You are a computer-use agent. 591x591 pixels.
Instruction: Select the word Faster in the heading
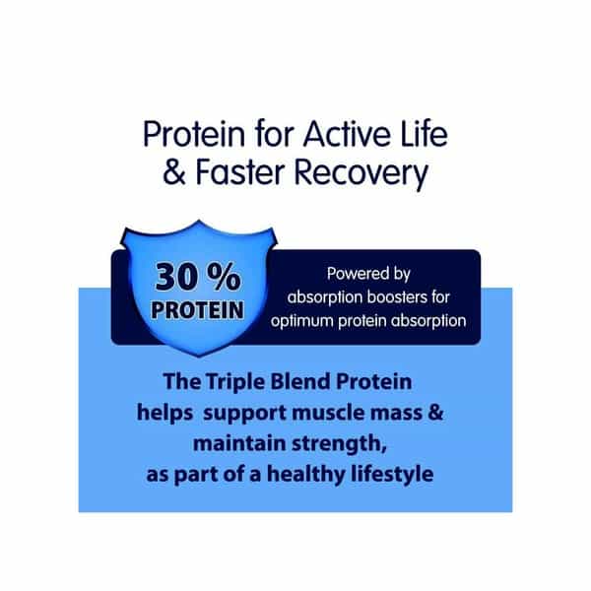click(x=239, y=172)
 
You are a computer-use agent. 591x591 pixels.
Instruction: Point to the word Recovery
click(x=361, y=175)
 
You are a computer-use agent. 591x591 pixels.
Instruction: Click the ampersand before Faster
click(x=173, y=172)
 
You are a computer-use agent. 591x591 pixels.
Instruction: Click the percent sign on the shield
click(x=224, y=277)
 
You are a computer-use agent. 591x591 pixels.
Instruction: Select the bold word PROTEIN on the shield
click(x=197, y=310)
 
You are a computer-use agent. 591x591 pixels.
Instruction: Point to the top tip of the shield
click(x=199, y=221)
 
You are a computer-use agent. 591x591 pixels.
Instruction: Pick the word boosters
click(x=397, y=297)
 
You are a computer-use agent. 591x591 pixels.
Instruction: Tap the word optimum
click(x=302, y=321)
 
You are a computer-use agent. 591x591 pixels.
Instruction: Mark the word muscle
click(x=328, y=412)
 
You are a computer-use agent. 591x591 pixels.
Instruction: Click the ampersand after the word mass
click(x=435, y=412)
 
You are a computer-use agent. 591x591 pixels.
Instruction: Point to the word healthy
click(x=305, y=475)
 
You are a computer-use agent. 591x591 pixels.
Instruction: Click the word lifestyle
click(x=392, y=475)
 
